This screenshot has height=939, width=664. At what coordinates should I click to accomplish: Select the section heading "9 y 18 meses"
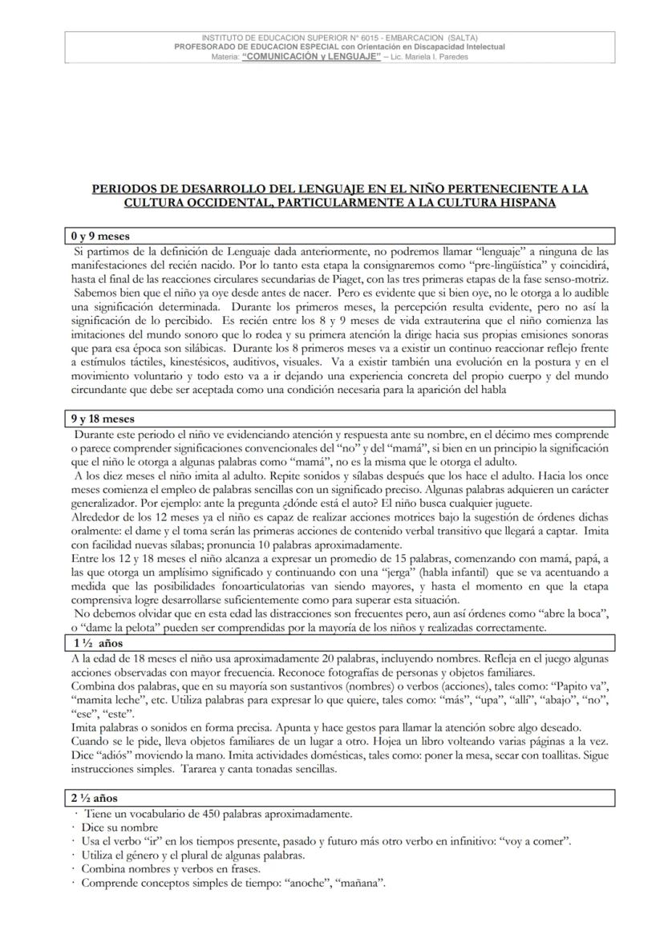(x=103, y=419)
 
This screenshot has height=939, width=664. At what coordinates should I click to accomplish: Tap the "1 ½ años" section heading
(x=94, y=644)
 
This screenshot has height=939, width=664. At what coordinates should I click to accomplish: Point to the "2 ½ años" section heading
(x=94, y=799)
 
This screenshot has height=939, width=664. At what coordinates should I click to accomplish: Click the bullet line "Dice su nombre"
(x=119, y=828)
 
